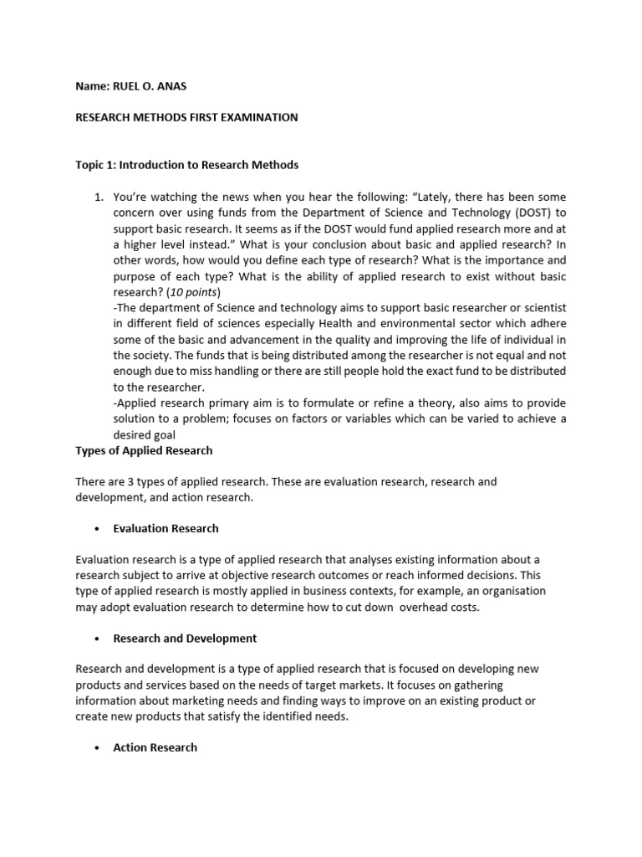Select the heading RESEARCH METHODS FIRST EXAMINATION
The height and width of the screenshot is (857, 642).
tap(186, 118)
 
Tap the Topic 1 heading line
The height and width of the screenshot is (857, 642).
tap(186, 165)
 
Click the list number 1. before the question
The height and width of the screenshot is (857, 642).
tap(98, 197)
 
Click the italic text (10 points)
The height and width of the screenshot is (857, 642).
tap(194, 292)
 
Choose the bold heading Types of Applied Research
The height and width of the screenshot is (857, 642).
tap(144, 450)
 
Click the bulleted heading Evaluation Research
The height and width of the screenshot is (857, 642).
tap(166, 528)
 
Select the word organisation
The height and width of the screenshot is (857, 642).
tap(512, 591)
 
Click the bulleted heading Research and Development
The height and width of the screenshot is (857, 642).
tap(185, 638)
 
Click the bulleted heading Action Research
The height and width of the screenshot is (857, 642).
tap(155, 747)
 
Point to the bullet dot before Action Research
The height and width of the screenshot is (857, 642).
tap(98, 747)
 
